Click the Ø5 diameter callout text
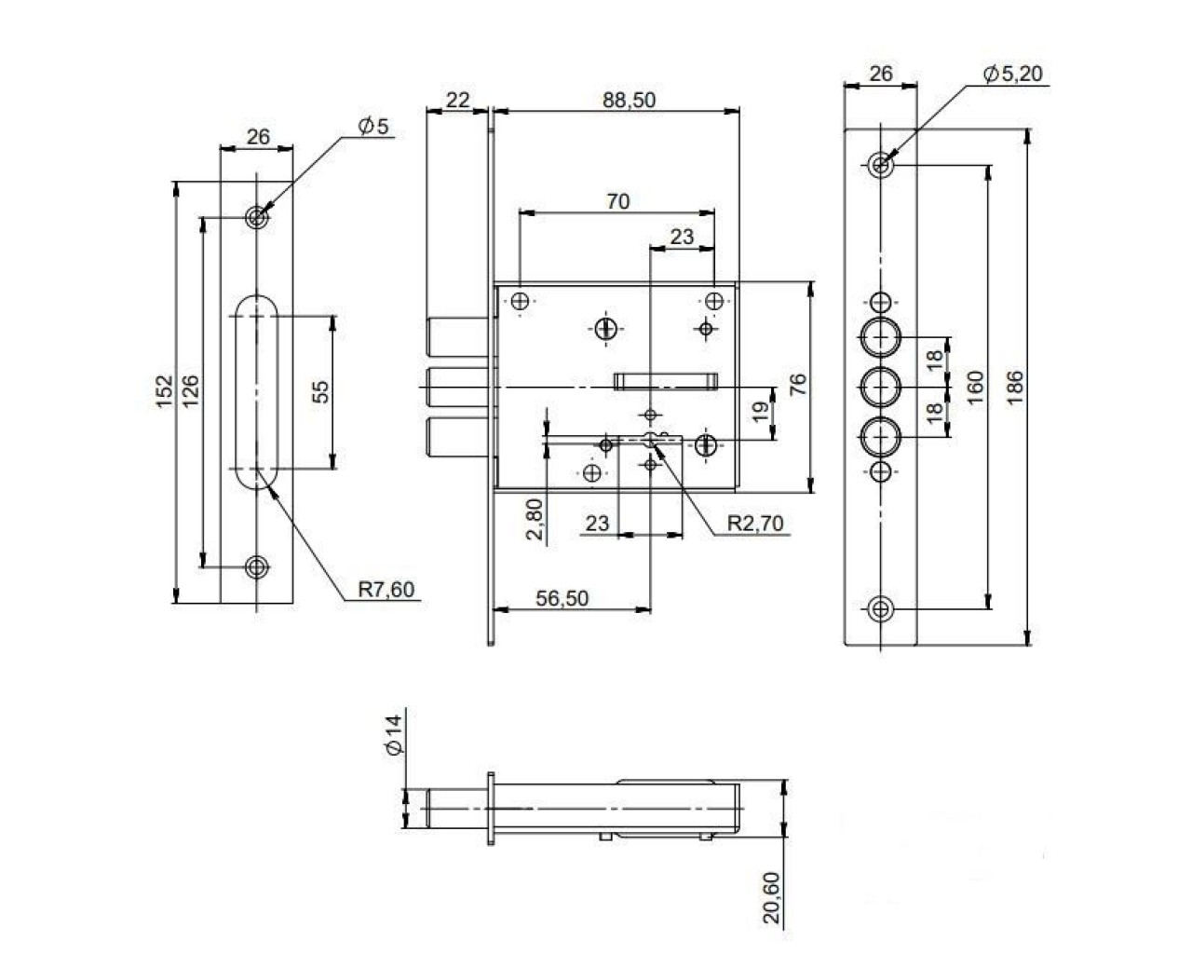click(x=373, y=127)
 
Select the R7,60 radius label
click(x=386, y=589)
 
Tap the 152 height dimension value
click(x=165, y=391)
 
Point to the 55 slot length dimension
click(x=320, y=391)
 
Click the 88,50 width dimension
click(x=629, y=101)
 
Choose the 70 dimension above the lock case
click(x=617, y=201)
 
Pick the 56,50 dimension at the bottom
click(x=562, y=599)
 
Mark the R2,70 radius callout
click(x=755, y=523)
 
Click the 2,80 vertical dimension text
click(x=535, y=519)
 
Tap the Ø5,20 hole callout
click(x=1013, y=74)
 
